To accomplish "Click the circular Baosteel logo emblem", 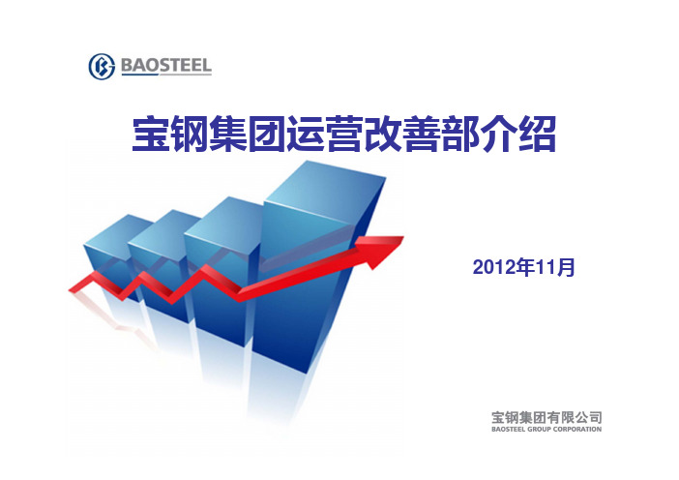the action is [102, 67].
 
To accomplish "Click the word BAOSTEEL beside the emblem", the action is [166, 66].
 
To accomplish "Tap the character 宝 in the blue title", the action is [151, 134].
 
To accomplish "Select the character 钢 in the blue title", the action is [190, 134].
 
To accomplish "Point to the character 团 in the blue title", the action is [266, 134].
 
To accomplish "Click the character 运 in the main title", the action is [306, 134].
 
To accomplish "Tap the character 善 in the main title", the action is [422, 134].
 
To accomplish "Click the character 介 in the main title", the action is [498, 134].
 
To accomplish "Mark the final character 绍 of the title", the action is [537, 134].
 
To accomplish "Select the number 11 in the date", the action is [545, 267].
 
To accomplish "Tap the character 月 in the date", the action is [566, 267].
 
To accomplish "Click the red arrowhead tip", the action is [403, 236].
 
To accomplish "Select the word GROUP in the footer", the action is [538, 430].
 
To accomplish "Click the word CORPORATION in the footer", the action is [576, 430].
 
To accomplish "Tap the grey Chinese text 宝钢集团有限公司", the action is [546, 417].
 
